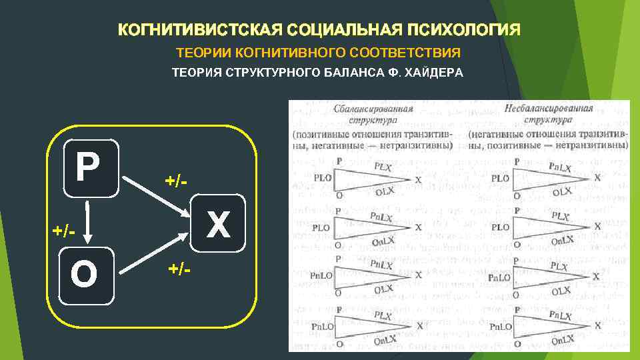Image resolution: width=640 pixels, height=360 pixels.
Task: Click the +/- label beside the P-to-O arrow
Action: click(x=64, y=230)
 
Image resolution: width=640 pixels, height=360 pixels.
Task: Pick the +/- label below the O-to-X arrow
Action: click(x=179, y=269)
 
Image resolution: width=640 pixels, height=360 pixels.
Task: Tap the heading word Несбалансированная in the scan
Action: click(x=549, y=109)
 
